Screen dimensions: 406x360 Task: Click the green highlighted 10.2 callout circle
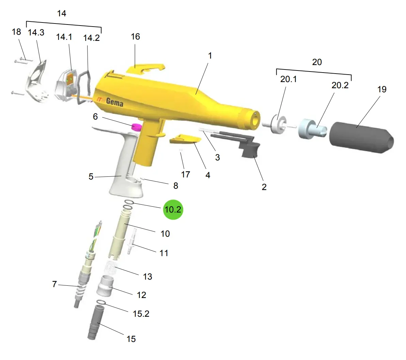pyautogui.click(x=173, y=209)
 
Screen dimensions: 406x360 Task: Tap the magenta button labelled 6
pyautogui.click(x=137, y=127)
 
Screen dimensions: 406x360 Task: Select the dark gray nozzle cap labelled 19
pyautogui.click(x=361, y=138)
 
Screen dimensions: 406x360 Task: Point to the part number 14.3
pyautogui.click(x=36, y=33)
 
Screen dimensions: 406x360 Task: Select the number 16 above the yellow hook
pyautogui.click(x=136, y=37)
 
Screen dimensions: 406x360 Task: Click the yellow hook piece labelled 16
pyautogui.click(x=145, y=69)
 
